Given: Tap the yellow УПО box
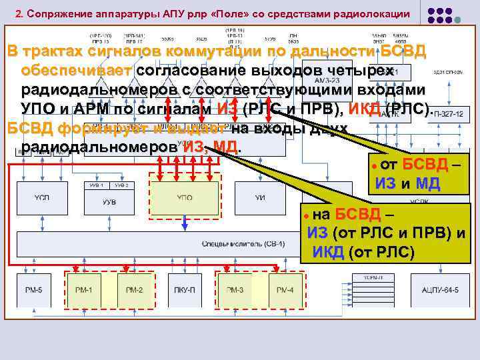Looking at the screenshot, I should (185, 197).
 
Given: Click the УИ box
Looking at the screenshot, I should (260, 197).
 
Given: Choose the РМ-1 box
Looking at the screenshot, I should (85, 290).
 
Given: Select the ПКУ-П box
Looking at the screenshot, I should (184, 290).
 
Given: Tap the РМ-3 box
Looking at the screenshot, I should (235, 290).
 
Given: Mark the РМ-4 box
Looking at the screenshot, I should (285, 290).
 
